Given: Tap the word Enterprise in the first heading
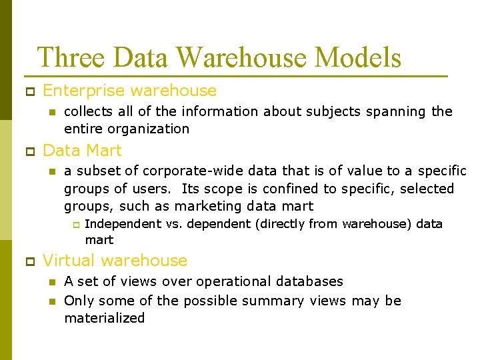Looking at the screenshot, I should (x=85, y=91).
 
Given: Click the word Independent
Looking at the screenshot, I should (x=123, y=223).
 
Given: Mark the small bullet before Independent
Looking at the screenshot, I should (x=75, y=225).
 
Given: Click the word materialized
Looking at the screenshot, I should (x=104, y=318).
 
